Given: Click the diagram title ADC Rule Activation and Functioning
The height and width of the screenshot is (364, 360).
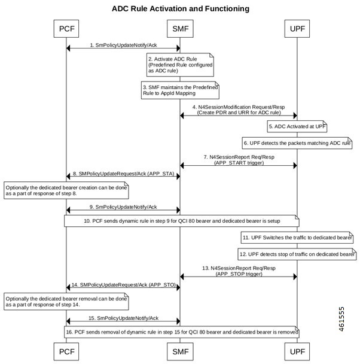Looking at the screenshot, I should coord(180,9).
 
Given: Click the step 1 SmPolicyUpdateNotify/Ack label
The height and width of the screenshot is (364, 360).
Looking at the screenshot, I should coord(123,44).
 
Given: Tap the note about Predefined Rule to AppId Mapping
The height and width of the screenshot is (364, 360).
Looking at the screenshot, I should coord(181,91).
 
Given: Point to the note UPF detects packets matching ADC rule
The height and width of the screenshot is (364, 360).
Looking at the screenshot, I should coord(297,144).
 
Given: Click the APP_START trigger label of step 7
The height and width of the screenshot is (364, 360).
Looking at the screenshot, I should coord(238,162).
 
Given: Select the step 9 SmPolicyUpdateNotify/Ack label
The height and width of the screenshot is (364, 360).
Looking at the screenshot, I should coord(123,207).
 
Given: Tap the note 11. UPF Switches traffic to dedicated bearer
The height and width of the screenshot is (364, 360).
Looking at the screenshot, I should coord(297,238).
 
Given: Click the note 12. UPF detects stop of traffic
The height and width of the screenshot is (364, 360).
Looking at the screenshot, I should coord(297,254).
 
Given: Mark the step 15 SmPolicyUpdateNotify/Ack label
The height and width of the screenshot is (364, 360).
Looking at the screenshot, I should coord(123,317).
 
